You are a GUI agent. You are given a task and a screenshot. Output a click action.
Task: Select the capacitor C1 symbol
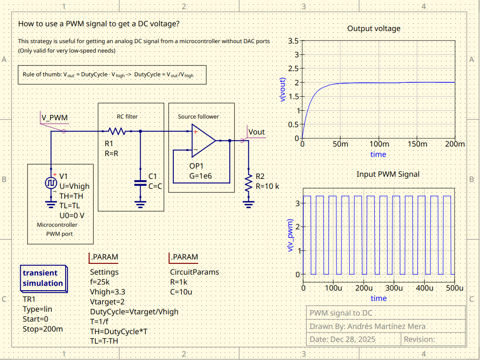tap(140, 183)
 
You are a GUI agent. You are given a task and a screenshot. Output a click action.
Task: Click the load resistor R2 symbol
tap(248, 183)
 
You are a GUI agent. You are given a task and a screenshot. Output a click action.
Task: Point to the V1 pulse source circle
tap(51, 183)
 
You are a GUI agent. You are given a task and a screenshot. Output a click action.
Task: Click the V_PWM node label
tap(54, 118)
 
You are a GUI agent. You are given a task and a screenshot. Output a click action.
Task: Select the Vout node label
tap(257, 131)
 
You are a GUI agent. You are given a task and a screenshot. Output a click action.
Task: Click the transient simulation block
tap(43, 278)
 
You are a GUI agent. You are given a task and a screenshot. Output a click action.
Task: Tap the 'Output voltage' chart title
tap(373, 28)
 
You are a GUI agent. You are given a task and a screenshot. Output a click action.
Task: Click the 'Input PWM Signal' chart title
tap(388, 174)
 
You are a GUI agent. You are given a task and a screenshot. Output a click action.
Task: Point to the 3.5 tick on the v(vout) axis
tap(293, 41)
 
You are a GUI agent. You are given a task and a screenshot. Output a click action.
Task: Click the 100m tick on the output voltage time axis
tap(378, 144)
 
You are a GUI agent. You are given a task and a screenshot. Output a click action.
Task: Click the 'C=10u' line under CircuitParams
tap(181, 291)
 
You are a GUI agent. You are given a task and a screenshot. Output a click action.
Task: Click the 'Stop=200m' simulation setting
tap(43, 329)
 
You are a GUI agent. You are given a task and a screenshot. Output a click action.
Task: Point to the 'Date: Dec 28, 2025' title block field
tap(342, 339)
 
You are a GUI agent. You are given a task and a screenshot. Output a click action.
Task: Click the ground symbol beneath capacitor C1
tap(140, 203)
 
